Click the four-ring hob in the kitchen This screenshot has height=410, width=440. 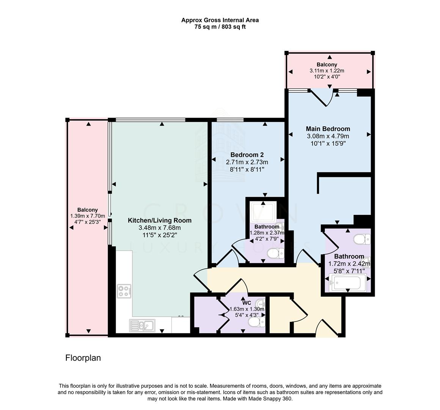pos(124,291)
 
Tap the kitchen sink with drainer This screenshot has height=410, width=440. pos(141,325)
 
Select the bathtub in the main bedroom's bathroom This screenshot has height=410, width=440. pos(347,283)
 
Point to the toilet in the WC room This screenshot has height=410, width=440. pos(257,322)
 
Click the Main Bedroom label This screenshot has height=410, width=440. pos(328,129)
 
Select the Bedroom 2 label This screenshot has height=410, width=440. pos(247,155)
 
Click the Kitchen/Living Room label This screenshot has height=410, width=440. pos(159,220)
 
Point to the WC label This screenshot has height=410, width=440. pos(247,303)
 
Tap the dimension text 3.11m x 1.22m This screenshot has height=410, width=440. pos(327,71)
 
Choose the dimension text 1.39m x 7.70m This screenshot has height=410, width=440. pos(88,216)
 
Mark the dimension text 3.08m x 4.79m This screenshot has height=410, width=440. pos(328,136)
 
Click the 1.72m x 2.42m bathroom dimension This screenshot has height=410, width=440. pos(349,264)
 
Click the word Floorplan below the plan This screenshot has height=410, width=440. pos(83,358)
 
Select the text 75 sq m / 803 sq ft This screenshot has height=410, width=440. pos(220,27)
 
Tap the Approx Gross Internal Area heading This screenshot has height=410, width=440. pos(220,20)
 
